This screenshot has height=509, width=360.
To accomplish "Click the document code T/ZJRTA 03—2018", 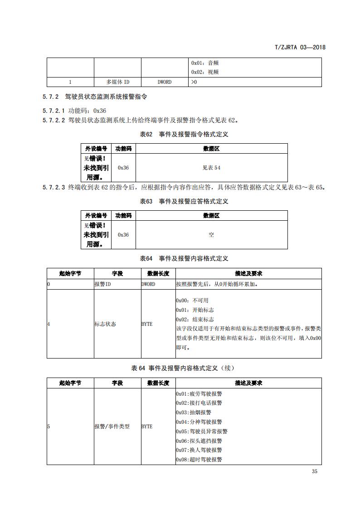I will coord(301,47).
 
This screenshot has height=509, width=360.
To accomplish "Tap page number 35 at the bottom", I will coord(315,471).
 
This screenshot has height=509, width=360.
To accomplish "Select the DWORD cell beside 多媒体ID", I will coord(165,82).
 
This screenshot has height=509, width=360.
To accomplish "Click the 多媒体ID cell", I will coord(117,82).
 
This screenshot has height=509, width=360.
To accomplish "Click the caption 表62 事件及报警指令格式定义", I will coord(184,135).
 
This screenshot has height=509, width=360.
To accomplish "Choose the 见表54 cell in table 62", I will coord(211,168).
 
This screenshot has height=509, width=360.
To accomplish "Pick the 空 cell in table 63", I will coord(211,235).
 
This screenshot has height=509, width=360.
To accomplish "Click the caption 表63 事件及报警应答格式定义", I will coord(184,201).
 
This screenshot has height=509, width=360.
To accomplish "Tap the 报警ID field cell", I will coord(102,284).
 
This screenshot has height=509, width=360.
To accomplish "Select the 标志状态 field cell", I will coord(105,324).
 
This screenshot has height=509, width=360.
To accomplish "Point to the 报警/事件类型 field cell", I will coord(112,427).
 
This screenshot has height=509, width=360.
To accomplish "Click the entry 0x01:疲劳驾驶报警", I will coord(199,393).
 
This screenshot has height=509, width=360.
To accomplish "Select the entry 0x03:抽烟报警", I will coord(194,412).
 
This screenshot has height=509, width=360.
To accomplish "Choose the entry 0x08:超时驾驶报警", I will coord(199,460).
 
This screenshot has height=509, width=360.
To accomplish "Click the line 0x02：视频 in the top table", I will coord(205,72).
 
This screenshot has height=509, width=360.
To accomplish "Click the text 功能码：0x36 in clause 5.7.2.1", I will coord(87,111).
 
